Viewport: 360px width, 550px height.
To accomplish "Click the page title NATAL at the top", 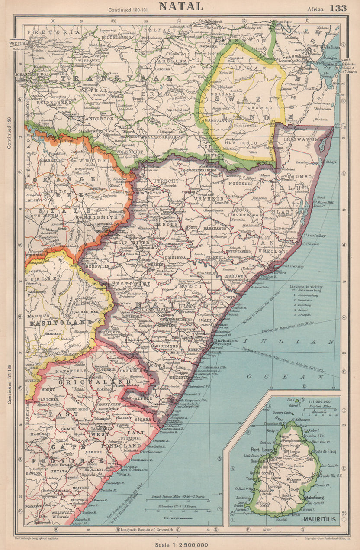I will point(181,6).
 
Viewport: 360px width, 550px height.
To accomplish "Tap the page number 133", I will point(337,8).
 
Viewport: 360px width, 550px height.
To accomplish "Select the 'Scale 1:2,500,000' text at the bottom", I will point(181,544).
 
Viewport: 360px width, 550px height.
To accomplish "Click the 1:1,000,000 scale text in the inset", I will point(321,402).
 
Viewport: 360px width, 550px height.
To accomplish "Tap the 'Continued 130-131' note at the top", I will point(126,10).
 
